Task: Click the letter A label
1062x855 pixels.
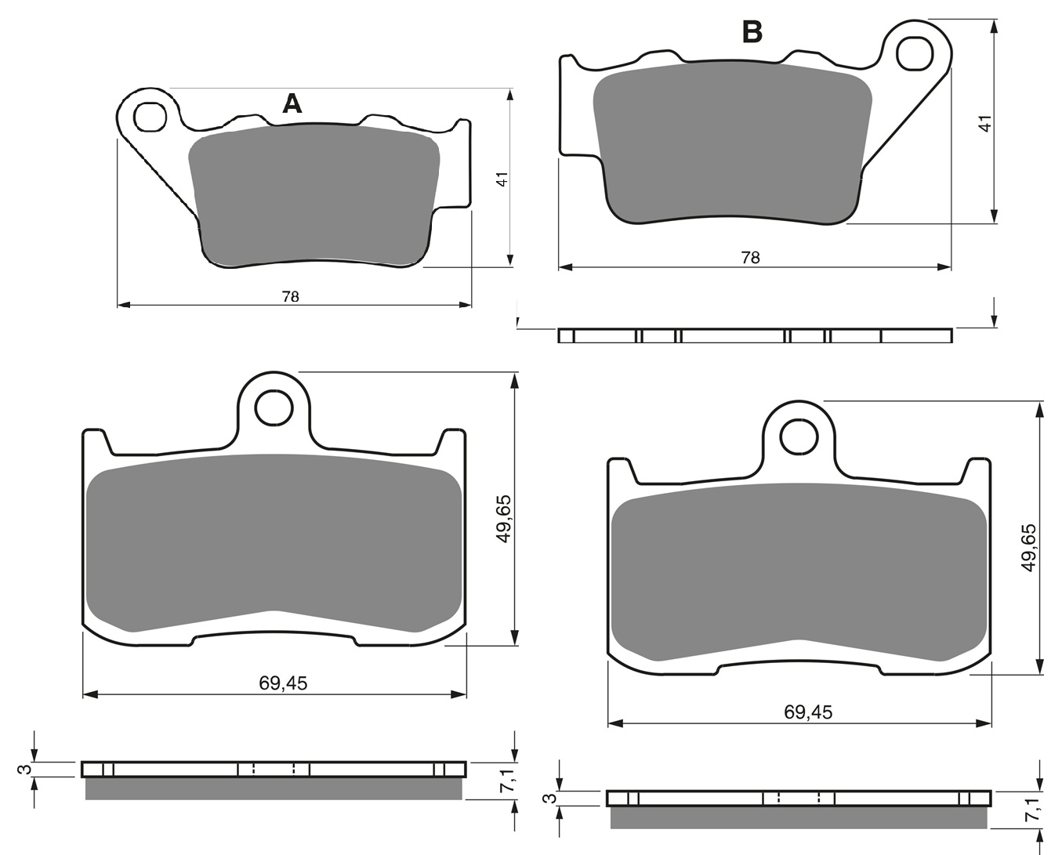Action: click(292, 103)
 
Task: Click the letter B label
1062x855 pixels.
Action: click(752, 33)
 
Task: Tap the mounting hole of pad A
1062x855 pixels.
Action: click(150, 117)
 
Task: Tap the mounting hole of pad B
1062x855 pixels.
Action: click(915, 53)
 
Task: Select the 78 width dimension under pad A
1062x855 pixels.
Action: click(291, 296)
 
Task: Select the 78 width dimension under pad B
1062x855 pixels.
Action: click(751, 257)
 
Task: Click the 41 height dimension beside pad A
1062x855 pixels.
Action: click(502, 179)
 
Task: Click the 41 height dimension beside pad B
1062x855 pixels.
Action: click(984, 123)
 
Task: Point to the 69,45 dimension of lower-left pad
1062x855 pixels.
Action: click(283, 683)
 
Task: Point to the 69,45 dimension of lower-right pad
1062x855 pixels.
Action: click(808, 712)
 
